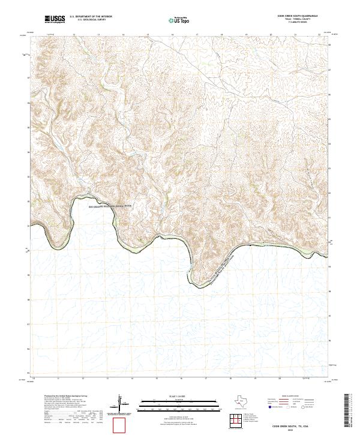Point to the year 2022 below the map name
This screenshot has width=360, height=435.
point(294,429)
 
